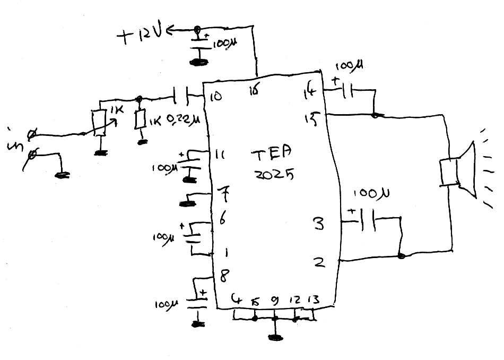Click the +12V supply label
coord(141,36)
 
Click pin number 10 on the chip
coord(217,97)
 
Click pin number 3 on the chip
coord(318,224)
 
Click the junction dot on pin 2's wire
coord(401,256)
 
